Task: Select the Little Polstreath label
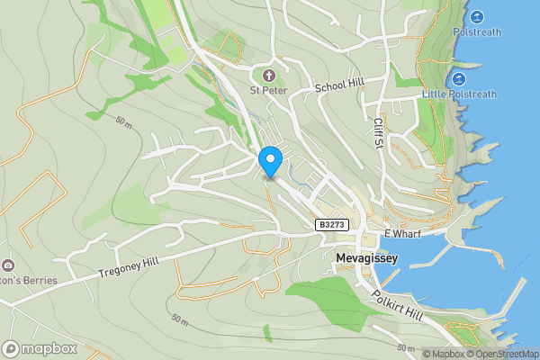(x=460, y=94)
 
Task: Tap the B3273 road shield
(x=330, y=225)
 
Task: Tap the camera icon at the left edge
(x=8, y=265)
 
